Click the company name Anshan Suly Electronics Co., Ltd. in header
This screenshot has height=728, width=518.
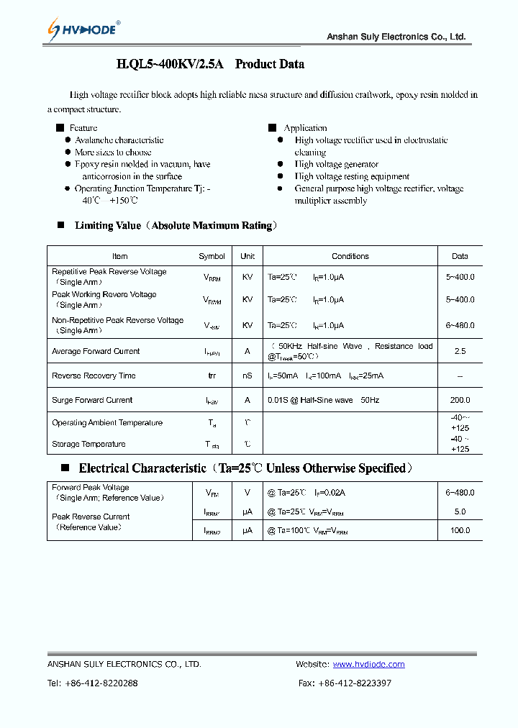pyautogui.click(x=396, y=37)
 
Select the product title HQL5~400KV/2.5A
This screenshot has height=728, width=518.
pyautogui.click(x=171, y=64)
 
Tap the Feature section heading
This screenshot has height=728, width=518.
pyautogui.click(x=83, y=128)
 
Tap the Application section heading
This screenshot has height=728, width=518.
pyautogui.click(x=305, y=128)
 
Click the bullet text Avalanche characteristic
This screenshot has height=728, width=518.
pyautogui.click(x=119, y=140)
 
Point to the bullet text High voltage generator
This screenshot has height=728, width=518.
pyautogui.click(x=336, y=165)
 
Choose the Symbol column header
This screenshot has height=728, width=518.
pyautogui.click(x=212, y=256)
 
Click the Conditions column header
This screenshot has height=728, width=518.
pyautogui.click(x=350, y=256)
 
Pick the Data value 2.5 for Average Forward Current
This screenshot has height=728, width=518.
pyautogui.click(x=460, y=352)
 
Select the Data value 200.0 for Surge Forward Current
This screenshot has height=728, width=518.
pyautogui.click(x=460, y=400)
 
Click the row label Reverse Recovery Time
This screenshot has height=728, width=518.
pyautogui.click(x=94, y=376)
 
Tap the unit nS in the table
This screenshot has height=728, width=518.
pyautogui.click(x=247, y=376)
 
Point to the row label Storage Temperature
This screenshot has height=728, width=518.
pyautogui.click(x=88, y=444)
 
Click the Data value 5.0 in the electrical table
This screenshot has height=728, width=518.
pyautogui.click(x=460, y=511)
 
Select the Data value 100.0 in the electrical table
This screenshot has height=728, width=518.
pyautogui.click(x=460, y=530)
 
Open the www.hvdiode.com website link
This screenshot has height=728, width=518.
pyautogui.click(x=368, y=664)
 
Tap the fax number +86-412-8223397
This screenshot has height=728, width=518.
pyautogui.click(x=355, y=683)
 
